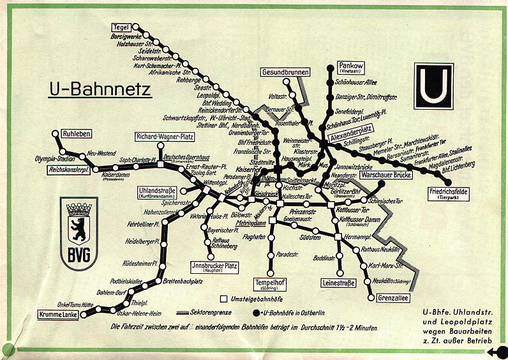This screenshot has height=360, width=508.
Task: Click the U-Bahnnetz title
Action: (100, 89)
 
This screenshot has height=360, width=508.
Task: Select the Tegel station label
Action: (121, 27)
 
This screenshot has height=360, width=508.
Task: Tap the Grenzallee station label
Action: (392, 298)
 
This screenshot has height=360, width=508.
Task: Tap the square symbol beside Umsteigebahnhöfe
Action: (223, 299)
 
